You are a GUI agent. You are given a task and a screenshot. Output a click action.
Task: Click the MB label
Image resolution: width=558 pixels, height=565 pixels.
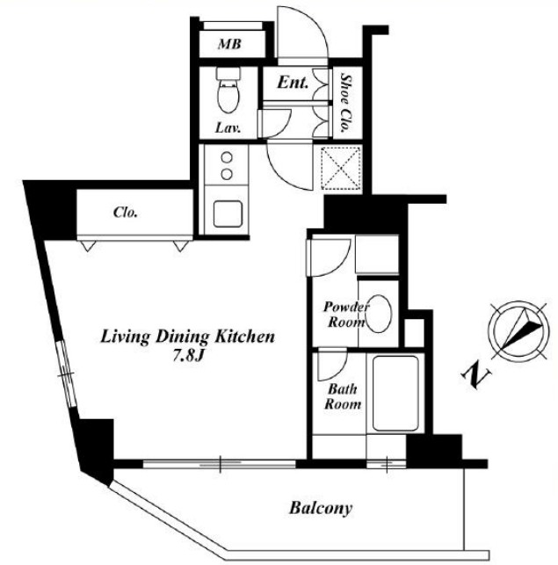click(229, 44)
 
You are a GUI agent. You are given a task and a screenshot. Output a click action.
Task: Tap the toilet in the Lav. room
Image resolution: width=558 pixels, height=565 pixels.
click(228, 90)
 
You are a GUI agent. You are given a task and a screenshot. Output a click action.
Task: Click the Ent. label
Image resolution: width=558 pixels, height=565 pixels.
click(293, 83)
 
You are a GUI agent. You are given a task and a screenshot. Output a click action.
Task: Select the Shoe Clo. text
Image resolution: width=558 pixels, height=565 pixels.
click(345, 103)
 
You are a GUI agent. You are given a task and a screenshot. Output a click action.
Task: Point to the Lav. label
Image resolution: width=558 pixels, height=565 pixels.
click(228, 127)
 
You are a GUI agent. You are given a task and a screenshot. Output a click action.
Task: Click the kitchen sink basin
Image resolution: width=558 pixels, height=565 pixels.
click(228, 214)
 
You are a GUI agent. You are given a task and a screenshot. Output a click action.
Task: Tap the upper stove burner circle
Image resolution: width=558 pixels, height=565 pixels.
click(227, 157)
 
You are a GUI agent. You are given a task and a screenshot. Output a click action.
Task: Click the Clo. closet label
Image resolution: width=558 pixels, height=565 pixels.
click(125, 213)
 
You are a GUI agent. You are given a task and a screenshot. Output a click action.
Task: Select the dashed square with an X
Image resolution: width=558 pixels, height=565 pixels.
click(341, 169)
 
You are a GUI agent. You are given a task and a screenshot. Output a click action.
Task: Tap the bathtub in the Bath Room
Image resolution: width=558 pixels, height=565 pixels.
click(395, 393)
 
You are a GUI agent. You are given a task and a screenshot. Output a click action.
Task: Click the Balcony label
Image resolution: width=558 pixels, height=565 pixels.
click(321, 509)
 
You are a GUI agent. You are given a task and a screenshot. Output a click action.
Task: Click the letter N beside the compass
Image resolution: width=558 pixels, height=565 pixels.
click(476, 377)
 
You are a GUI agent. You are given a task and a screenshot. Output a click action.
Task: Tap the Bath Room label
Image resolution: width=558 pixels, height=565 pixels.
click(343, 396)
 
